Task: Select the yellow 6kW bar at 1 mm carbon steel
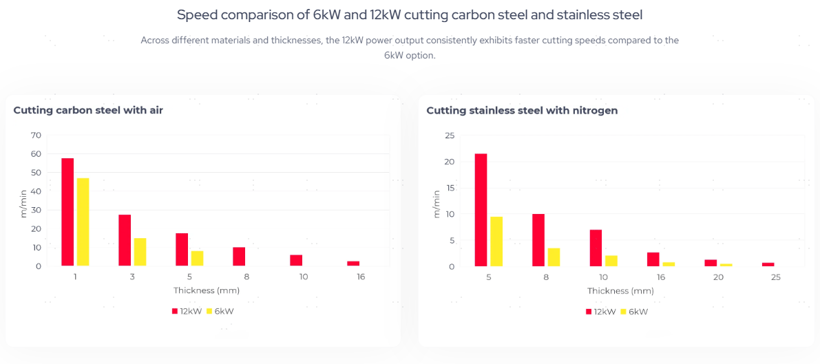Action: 83,222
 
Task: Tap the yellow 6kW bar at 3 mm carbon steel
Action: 140,252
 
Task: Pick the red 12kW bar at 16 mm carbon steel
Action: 353,264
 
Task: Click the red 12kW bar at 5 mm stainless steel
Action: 481,210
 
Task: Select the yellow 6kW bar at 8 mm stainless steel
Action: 554,257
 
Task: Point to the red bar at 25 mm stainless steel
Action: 768,264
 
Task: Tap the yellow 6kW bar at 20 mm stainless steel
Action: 726,265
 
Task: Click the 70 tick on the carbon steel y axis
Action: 36,135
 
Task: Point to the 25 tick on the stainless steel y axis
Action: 450,135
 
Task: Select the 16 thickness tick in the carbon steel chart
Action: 361,277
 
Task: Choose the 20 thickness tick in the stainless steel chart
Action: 718,277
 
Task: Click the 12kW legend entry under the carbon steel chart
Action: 186,311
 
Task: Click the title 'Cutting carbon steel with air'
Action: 88,110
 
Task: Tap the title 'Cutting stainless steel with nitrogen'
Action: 522,110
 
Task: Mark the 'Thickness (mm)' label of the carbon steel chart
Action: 207,290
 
